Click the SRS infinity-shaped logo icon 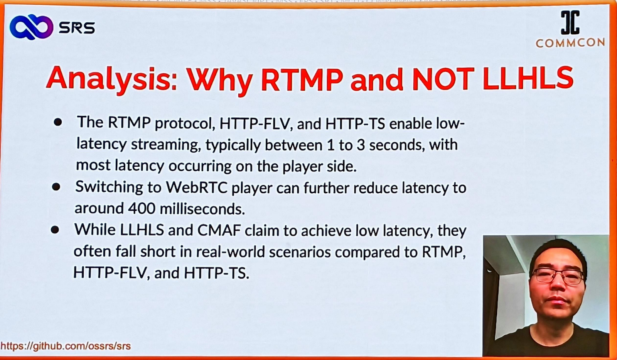coord(31,27)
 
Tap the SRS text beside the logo coord(77,27)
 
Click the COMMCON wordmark coord(570,43)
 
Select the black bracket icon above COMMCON coord(570,22)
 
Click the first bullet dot coord(58,122)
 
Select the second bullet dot coord(56,187)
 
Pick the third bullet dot coord(55,230)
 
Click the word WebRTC coord(197,187)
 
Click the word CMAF coord(219,230)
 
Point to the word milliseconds coord(202,209)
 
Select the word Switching coord(109,188)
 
